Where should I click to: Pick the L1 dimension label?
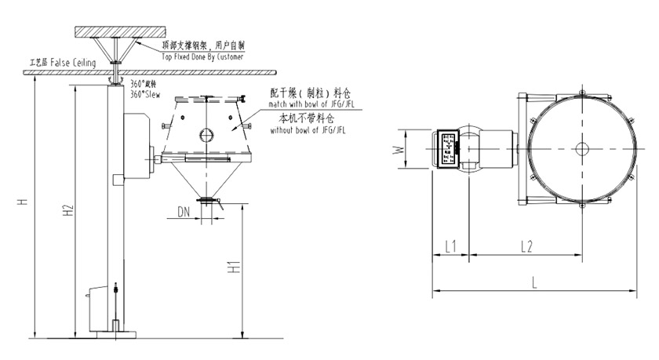point(450,246)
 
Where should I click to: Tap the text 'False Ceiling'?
point(75,60)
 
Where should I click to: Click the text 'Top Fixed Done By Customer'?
point(202,58)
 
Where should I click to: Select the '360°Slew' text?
point(144,94)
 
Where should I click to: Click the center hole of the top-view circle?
point(581,147)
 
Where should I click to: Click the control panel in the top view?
point(449,147)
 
